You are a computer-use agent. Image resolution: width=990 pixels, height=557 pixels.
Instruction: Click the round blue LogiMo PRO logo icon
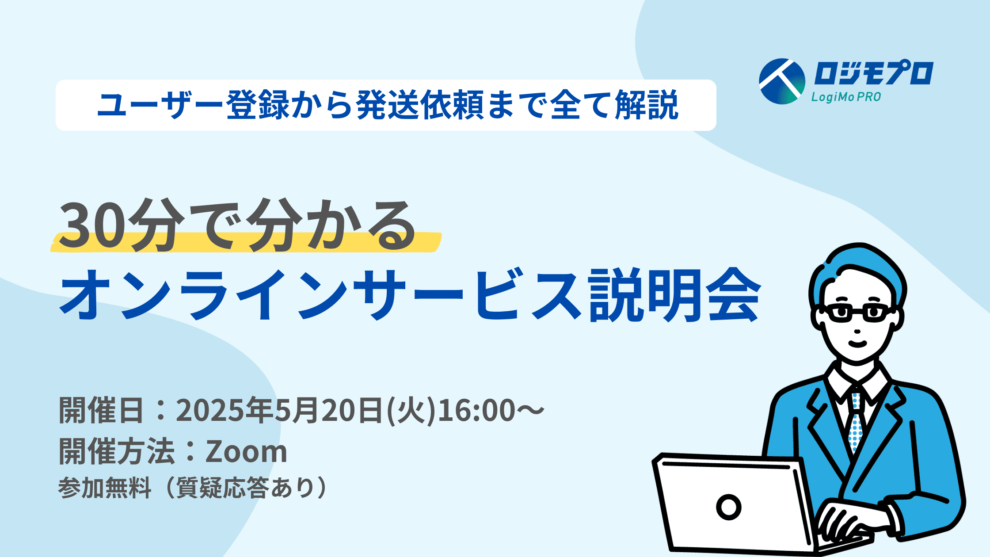(x=782, y=81)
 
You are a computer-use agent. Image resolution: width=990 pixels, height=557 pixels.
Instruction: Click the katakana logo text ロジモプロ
(x=873, y=73)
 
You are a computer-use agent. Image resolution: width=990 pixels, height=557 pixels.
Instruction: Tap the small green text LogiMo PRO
(x=846, y=97)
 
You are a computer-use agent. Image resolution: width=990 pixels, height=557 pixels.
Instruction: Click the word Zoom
(x=246, y=451)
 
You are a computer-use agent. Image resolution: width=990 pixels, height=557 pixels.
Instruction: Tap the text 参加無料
(x=105, y=488)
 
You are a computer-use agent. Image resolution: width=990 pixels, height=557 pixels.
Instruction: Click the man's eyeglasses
(x=857, y=313)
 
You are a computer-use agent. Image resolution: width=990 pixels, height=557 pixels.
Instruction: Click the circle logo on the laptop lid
(x=728, y=507)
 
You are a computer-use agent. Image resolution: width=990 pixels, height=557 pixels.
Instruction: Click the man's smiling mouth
(x=857, y=343)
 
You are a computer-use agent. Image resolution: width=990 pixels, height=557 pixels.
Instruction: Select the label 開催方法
(x=117, y=451)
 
